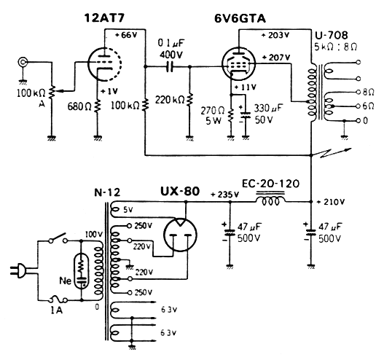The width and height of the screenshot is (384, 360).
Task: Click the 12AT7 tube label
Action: [x=104, y=18]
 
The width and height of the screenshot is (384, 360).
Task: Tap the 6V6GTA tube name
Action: [x=240, y=19]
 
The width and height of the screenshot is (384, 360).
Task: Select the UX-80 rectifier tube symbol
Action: [x=180, y=235]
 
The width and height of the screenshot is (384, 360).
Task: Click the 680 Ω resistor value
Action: [x=79, y=106]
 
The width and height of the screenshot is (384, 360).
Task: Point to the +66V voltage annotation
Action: [x=126, y=35]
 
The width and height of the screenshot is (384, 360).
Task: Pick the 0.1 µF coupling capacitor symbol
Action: [x=170, y=66]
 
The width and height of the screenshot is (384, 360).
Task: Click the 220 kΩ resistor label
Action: [x=170, y=100]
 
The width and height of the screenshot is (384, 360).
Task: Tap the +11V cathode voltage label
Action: [x=246, y=87]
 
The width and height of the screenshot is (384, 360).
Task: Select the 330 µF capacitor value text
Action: [x=268, y=108]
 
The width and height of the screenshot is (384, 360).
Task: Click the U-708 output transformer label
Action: [x=331, y=35]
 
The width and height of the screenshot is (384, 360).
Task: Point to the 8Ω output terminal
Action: [x=358, y=92]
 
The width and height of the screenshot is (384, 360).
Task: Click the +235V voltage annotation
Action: [x=224, y=195]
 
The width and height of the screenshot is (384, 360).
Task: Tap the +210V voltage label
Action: [x=331, y=202]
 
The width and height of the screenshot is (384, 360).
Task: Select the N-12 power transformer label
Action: [x=107, y=192]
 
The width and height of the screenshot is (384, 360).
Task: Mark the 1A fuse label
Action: [x=56, y=310]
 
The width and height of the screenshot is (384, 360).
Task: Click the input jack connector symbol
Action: [x=23, y=62]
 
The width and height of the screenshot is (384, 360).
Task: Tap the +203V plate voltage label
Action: [x=275, y=35]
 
